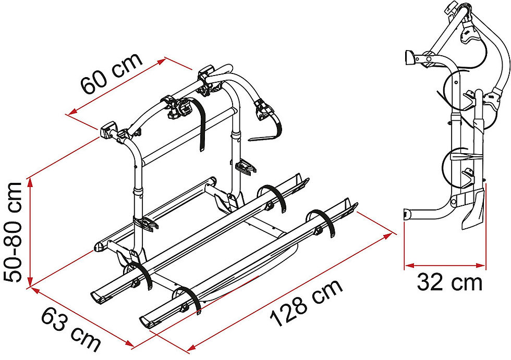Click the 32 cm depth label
click(449, 282)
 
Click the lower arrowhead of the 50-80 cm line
click(30, 281)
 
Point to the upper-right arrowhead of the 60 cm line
click(162, 61)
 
